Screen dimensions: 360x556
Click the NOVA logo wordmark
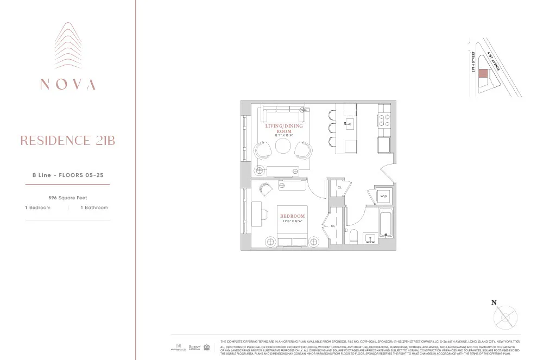point(68,85)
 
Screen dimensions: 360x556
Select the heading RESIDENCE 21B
point(68,141)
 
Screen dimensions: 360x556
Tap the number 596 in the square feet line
point(53,198)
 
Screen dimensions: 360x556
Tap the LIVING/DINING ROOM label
point(283,129)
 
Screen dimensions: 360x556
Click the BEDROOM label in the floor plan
point(293,216)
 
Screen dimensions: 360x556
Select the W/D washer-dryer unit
point(383,196)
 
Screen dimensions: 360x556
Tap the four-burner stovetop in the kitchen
point(384,120)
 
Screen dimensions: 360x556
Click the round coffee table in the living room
point(283,147)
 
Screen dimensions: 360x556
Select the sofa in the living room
point(283,115)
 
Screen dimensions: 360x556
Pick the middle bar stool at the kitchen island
point(331,128)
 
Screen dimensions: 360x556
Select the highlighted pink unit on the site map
point(482,74)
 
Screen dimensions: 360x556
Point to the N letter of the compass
point(494,303)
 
